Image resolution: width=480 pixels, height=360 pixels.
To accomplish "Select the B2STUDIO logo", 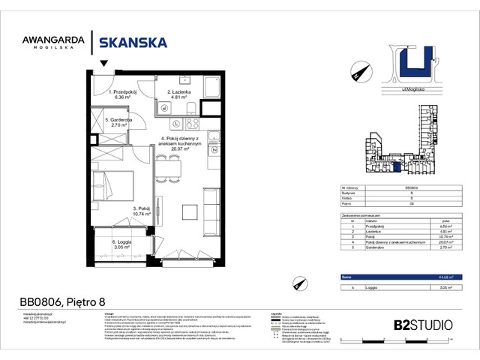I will (x=423, y=325).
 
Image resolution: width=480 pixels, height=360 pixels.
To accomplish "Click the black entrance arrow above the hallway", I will (x=103, y=66).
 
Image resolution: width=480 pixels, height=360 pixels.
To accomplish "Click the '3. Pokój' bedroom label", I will (x=142, y=209).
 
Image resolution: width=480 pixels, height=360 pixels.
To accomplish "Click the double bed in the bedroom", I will (x=110, y=181).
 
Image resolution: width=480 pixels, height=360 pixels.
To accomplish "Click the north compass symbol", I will (x=356, y=73).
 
